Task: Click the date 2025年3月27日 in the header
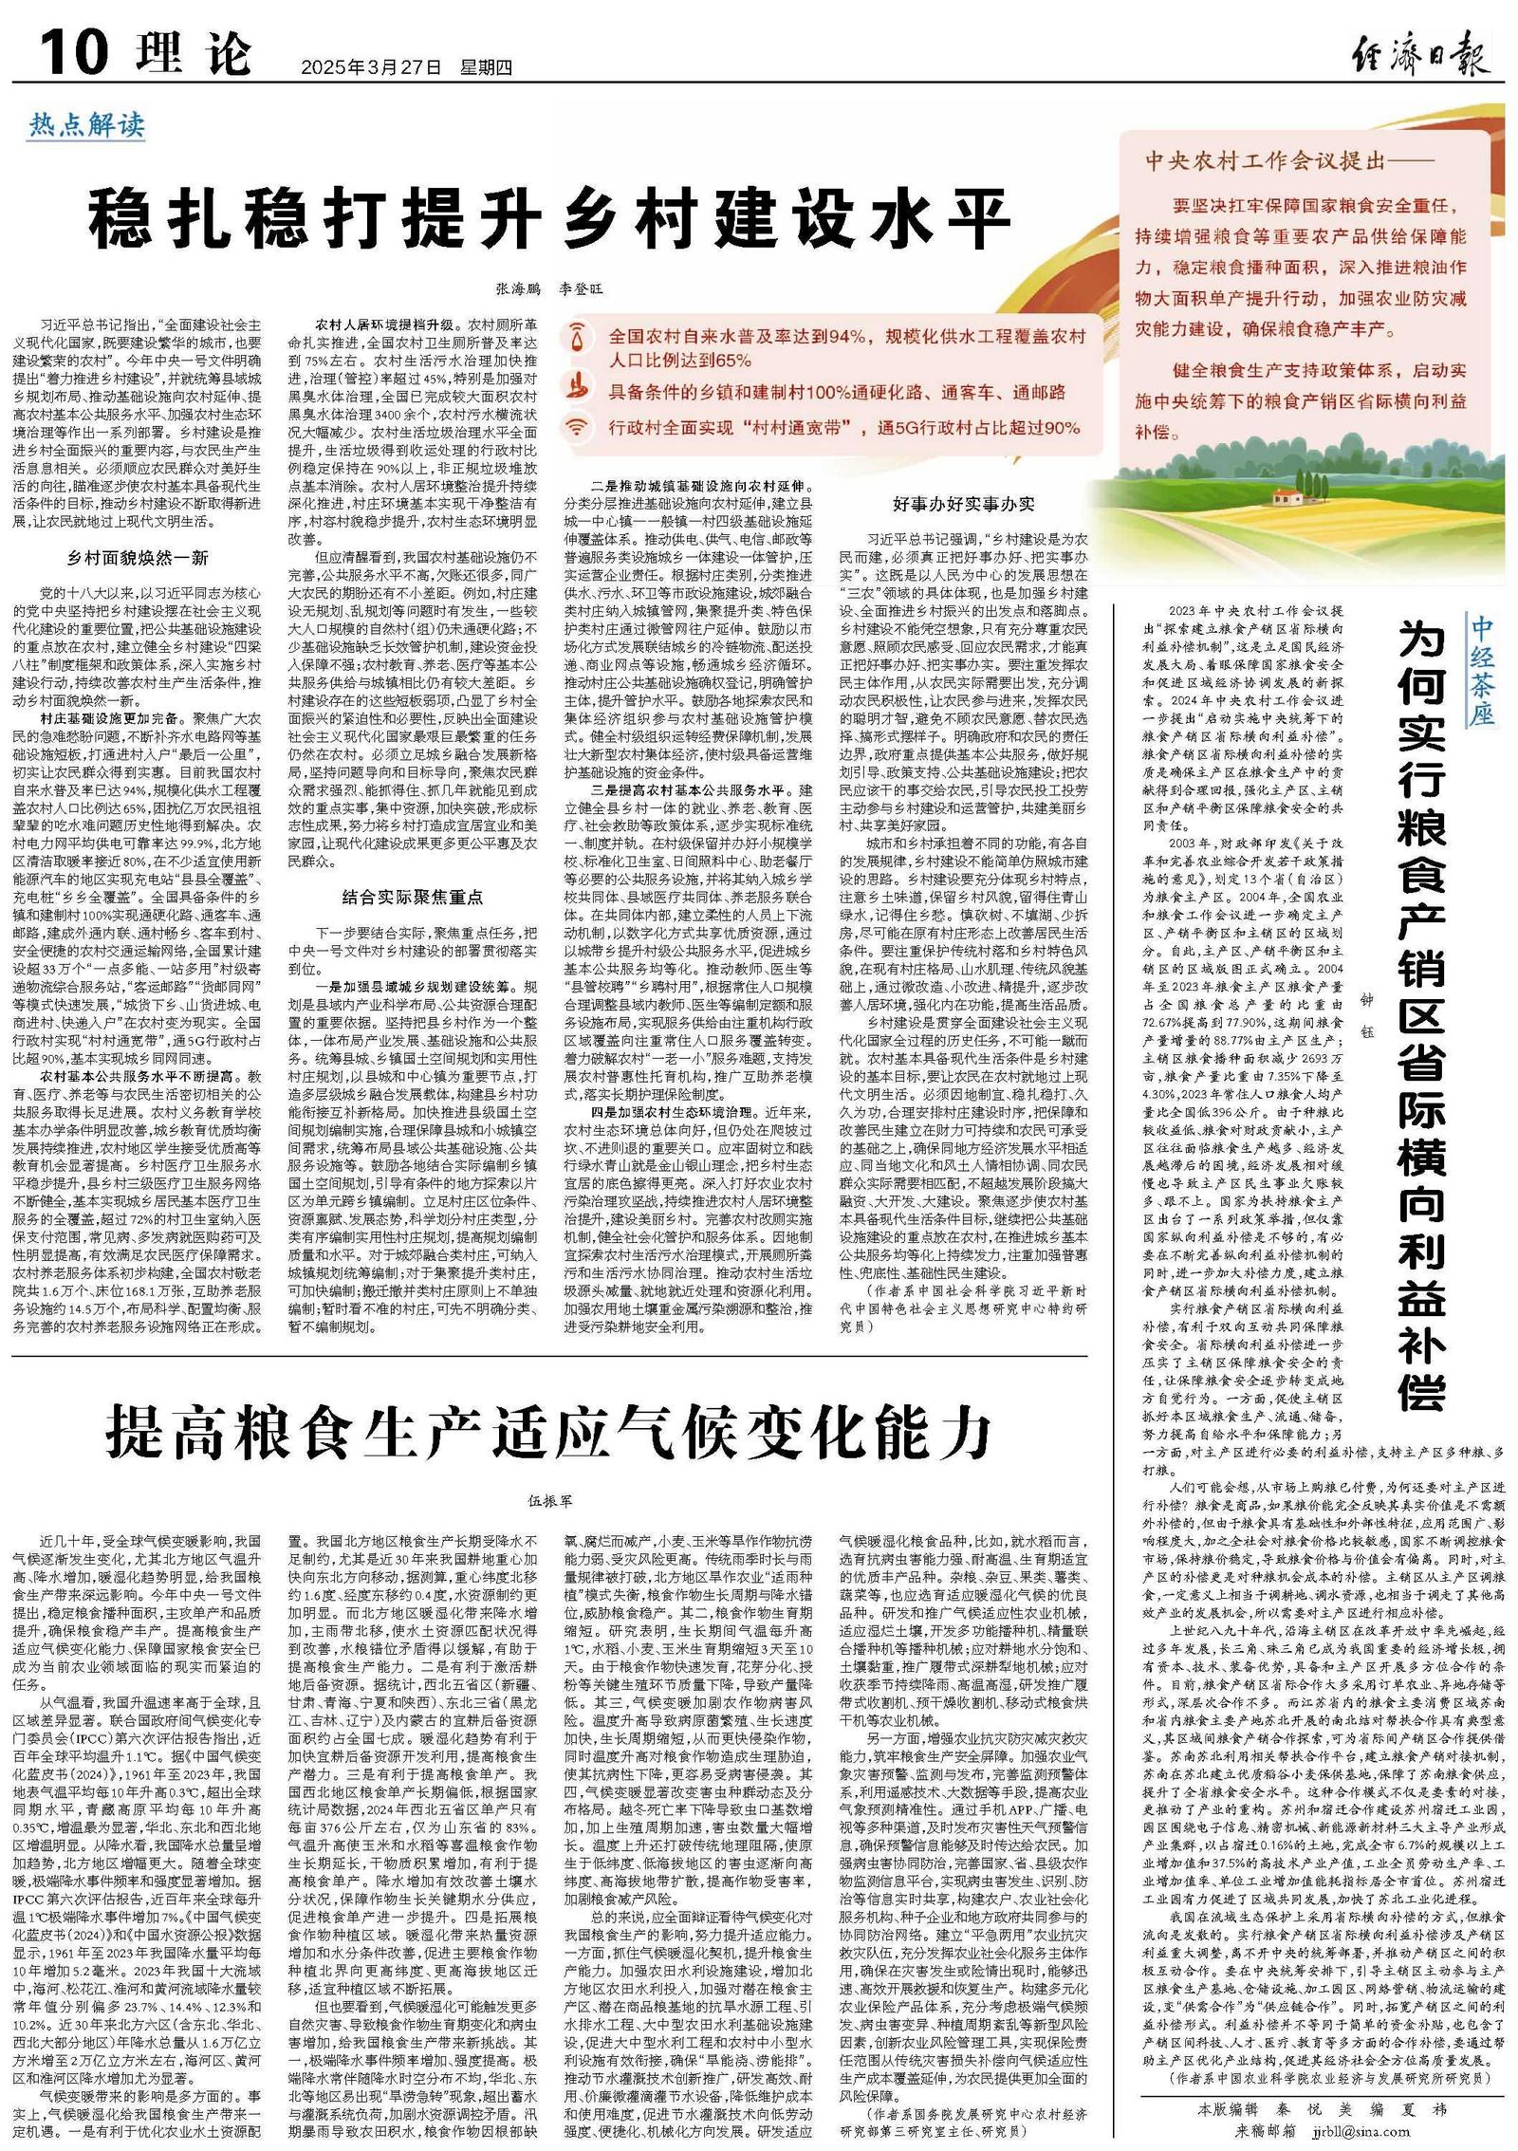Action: pyautogui.click(x=371, y=67)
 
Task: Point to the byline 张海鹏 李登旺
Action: pyautogui.click(x=549, y=288)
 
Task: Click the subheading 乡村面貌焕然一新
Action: pyautogui.click(x=138, y=557)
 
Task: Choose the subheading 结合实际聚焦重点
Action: pyautogui.click(x=413, y=896)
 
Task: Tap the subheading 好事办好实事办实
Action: pyautogui.click(x=964, y=504)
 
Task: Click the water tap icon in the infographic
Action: pyautogui.click(x=577, y=339)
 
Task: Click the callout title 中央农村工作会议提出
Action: pyautogui.click(x=1277, y=161)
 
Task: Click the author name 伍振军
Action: pyautogui.click(x=549, y=1501)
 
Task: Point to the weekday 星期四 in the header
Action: pyautogui.click(x=486, y=67)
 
